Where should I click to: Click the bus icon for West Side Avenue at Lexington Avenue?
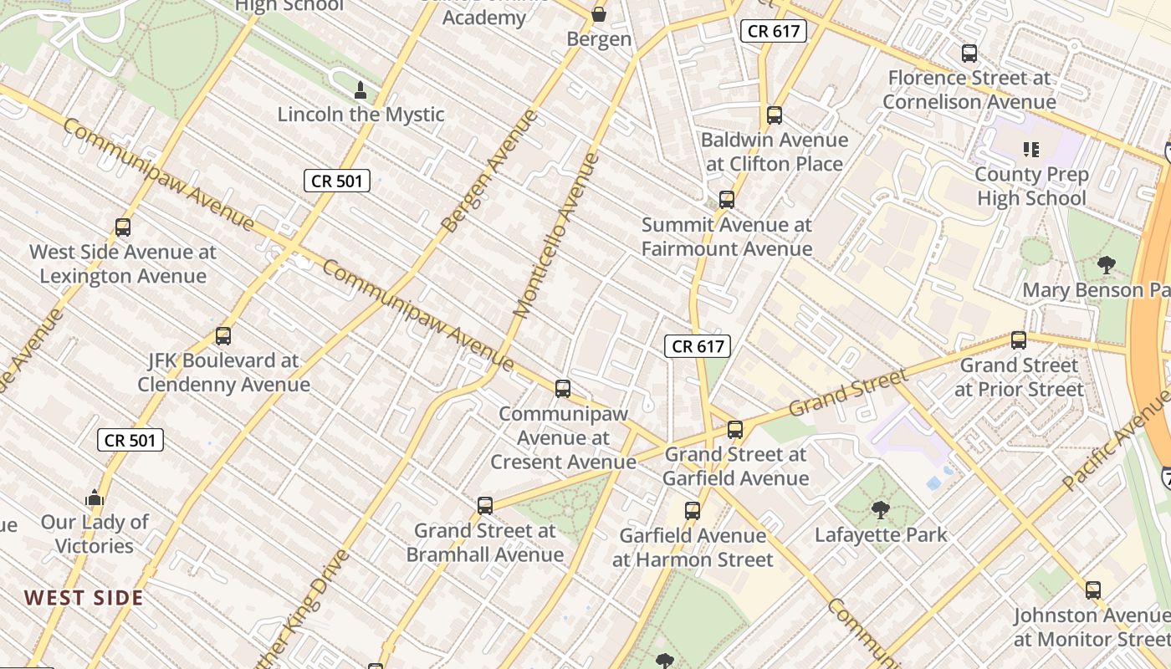tap(123, 227)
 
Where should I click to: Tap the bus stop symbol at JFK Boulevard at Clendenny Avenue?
tap(223, 336)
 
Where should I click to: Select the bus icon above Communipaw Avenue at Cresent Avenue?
tap(563, 389)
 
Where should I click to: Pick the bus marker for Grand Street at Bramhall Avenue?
tap(485, 506)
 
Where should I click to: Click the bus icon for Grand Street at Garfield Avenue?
tap(735, 430)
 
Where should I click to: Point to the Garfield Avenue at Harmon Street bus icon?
tap(693, 511)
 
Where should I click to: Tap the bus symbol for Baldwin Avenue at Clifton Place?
tap(775, 115)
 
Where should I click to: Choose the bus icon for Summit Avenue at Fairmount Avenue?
tap(727, 200)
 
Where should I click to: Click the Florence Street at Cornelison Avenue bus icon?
tap(969, 54)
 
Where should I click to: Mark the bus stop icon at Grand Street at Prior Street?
tap(1019, 340)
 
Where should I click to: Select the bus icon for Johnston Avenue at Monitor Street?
tap(1093, 590)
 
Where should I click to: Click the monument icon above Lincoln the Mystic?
tap(361, 89)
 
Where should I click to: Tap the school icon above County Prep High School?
tap(1031, 150)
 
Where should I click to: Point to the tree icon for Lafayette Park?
tap(880, 510)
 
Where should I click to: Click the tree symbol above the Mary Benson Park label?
tap(1106, 266)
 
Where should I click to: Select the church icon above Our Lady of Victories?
tap(95, 498)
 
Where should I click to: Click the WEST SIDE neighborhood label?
tap(84, 598)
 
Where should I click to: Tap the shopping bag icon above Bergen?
tap(599, 14)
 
